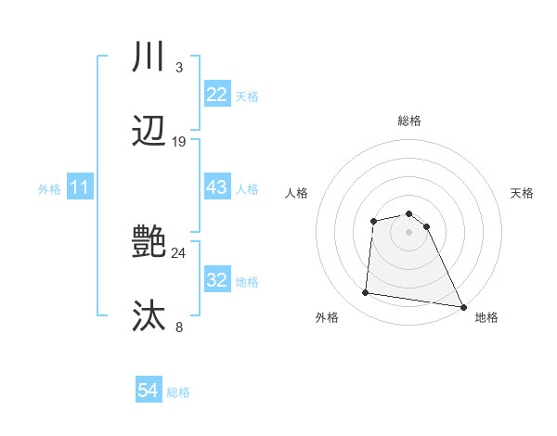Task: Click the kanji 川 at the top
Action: click(149, 58)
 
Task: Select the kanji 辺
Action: click(149, 132)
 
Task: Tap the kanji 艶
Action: click(149, 243)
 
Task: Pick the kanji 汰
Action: click(149, 317)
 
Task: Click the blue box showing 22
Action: click(216, 95)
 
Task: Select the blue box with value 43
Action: click(216, 187)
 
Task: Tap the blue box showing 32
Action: click(216, 280)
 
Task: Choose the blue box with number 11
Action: click(80, 187)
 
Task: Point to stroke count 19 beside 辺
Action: click(179, 142)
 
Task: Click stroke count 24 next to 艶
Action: click(179, 252)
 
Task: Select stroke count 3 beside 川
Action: click(179, 68)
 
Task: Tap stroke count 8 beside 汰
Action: click(179, 327)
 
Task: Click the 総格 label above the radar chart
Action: click(409, 121)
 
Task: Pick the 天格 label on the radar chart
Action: click(522, 193)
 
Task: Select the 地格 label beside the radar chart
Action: click(486, 317)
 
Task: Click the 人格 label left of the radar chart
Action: click(296, 193)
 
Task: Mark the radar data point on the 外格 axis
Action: click(366, 293)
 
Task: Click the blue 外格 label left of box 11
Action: click(49, 188)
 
